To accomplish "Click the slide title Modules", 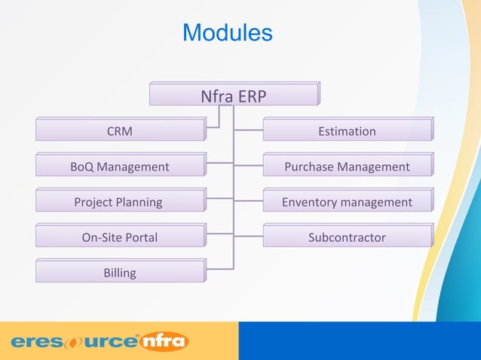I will (227, 33).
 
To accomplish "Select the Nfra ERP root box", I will (234, 96).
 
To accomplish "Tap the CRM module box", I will (119, 131).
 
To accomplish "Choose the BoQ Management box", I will (119, 166).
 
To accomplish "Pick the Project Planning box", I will (119, 202).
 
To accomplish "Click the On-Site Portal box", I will (119, 237).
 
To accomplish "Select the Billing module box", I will (119, 273).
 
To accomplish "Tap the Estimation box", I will (347, 131).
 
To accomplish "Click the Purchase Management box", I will (347, 166).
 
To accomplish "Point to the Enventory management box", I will (347, 202).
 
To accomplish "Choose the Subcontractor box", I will (347, 237).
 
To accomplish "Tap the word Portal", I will (140, 237).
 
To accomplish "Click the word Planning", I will (139, 202).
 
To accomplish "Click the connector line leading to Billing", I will (219, 268).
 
